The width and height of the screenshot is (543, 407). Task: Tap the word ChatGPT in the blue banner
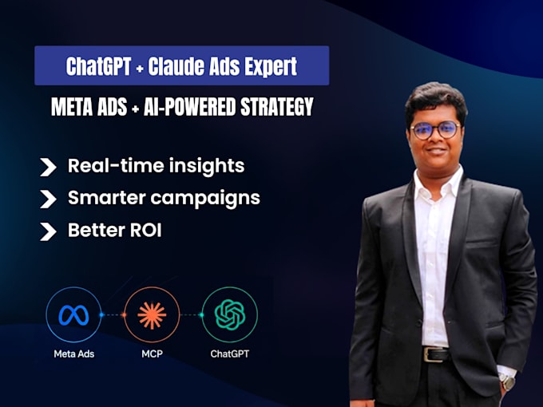pos(99,65)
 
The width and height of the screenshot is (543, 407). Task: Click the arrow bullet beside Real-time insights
pos(48,167)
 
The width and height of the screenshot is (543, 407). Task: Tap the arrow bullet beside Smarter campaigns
pos(48,199)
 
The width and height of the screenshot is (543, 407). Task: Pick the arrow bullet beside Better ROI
pos(48,231)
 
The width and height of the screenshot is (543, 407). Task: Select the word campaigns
pos(205,199)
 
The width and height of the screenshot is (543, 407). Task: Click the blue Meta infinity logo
pos(73,315)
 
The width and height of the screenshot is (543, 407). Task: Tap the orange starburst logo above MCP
pos(152,315)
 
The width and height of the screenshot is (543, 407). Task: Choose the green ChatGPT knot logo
pos(230,315)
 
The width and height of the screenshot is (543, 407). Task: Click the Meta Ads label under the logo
pos(74,354)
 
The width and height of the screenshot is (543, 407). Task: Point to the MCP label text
pos(152,354)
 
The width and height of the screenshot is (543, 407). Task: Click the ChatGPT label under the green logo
pos(230,354)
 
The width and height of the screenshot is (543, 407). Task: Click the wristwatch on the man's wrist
pos(507,381)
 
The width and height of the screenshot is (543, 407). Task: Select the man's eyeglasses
pos(435,130)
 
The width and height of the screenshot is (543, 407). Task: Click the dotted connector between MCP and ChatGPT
pos(191,315)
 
